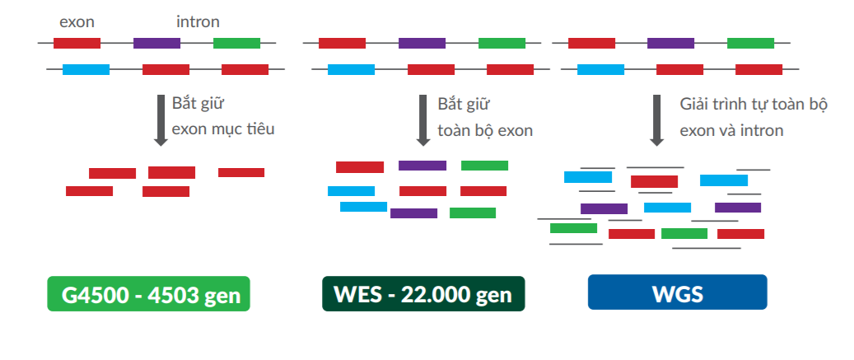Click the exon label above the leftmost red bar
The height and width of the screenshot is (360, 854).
77,22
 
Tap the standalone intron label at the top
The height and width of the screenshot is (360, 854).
198,21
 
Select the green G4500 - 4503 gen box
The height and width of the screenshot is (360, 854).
149,294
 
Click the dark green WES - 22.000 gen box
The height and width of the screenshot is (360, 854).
423,294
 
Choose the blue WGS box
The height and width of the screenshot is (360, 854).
678,292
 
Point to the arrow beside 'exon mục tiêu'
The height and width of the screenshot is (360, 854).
161,120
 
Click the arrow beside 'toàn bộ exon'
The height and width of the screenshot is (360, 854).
423,120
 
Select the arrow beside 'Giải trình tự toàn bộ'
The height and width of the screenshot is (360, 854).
657,120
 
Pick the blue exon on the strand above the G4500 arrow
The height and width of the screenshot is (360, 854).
86,70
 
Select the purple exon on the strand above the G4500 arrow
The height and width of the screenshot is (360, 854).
156,43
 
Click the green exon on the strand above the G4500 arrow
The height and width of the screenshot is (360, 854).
236,43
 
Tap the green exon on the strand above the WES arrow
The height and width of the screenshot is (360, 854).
502,43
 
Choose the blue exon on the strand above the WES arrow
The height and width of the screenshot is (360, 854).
352,70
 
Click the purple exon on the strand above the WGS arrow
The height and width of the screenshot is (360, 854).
670,43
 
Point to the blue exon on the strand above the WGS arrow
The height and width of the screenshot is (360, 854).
600,70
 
